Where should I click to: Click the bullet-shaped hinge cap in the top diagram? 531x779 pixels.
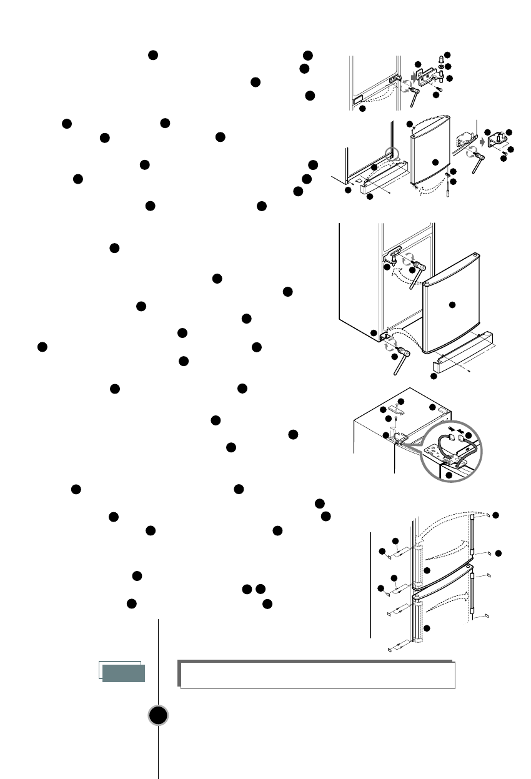pyautogui.click(x=442, y=59)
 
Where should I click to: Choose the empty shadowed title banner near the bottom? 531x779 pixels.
pyautogui.click(x=316, y=675)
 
